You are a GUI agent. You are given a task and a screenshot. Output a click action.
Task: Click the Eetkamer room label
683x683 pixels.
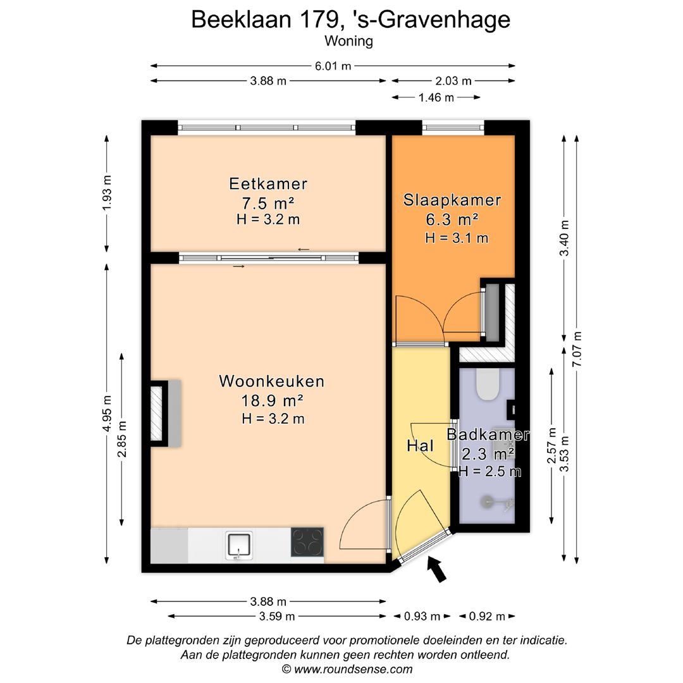pyautogui.click(x=268, y=184)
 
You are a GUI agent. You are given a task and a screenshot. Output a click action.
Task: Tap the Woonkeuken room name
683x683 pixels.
pyautogui.click(x=272, y=381)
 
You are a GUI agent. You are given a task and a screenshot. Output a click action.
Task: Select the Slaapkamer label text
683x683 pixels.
pyautogui.click(x=452, y=200)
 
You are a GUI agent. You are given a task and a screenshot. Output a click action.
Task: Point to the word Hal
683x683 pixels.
pyautogui.click(x=421, y=446)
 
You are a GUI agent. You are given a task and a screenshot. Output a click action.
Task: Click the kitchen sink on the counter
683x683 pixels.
pyautogui.click(x=238, y=545)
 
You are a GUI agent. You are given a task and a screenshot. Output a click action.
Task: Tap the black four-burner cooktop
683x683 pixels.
pyautogui.click(x=307, y=542)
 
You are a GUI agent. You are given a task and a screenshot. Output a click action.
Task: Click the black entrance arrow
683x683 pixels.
pyautogui.click(x=437, y=569)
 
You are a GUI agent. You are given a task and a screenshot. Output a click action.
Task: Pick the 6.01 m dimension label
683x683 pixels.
pyautogui.click(x=333, y=66)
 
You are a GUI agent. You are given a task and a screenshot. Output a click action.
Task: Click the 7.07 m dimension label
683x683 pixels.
pyautogui.click(x=577, y=349)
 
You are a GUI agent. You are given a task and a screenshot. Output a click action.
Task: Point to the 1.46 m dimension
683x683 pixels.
pyautogui.click(x=436, y=97)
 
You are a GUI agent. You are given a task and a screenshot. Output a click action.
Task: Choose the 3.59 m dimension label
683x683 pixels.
pyautogui.click(x=277, y=617)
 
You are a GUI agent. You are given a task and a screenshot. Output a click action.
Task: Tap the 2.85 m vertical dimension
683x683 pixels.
pyautogui.click(x=122, y=439)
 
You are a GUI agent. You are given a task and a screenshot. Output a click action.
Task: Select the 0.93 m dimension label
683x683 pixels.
pyautogui.click(x=422, y=617)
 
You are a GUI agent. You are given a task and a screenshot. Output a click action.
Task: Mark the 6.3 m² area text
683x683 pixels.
pyautogui.click(x=452, y=219)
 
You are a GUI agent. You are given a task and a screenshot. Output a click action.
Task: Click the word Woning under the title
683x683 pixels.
pyautogui.click(x=349, y=41)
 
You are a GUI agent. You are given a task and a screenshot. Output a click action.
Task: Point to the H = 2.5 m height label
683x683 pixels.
pyautogui.click(x=489, y=471)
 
